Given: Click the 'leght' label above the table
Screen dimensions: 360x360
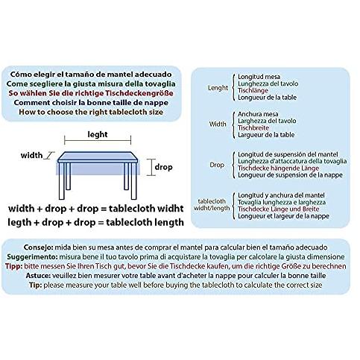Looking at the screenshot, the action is point(98,135).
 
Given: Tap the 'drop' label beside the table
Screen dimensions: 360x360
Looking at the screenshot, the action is point(163,167).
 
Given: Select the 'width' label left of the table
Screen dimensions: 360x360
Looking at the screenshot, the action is point(31,156).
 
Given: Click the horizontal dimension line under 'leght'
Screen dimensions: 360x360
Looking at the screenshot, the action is point(98,141).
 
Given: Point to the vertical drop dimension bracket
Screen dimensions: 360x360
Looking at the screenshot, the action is point(151,167).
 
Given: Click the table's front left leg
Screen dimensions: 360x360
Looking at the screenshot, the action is point(62,181).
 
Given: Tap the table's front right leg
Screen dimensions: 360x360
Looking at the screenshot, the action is point(133,181).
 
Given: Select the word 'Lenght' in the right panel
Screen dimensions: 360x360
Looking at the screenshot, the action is point(218,88).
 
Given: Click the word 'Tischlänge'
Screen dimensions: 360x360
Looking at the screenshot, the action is point(253,90).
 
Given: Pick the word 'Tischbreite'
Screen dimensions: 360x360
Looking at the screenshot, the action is point(253,127).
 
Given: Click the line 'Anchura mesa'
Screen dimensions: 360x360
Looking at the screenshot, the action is point(258,114).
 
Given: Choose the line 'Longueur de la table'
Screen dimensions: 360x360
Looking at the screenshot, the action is point(267,98).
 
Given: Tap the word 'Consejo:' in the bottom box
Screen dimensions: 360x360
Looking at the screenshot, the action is point(38,247).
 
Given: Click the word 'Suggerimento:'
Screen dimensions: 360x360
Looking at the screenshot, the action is point(32,257).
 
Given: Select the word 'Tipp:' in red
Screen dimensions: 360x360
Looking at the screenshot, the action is point(14,266).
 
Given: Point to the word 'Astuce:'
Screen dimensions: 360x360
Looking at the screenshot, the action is point(38,276).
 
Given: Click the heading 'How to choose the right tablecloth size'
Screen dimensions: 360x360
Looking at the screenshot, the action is point(91,112).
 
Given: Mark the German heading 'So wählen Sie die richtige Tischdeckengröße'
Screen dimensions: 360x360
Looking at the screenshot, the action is point(91,93).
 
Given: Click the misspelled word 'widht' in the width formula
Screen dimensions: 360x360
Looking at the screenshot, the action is point(171,209).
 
